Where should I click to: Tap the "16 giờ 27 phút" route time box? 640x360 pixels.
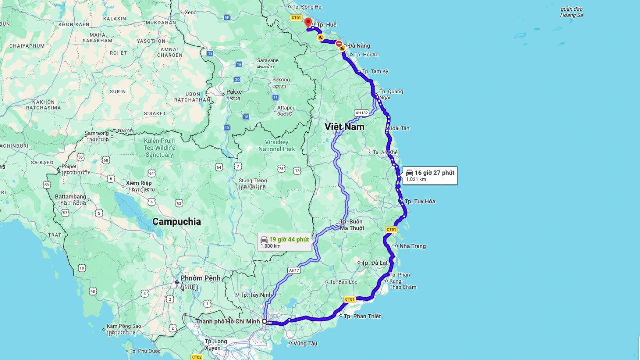click(x=430, y=175)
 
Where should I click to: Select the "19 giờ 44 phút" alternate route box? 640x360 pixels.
click(x=285, y=242)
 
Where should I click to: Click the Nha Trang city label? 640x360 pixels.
click(x=412, y=246)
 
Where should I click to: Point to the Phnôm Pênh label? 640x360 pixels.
click(x=200, y=278)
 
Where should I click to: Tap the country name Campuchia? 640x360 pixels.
click(x=176, y=221)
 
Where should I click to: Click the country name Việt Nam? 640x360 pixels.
click(x=344, y=127)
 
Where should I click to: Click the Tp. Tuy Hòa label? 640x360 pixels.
click(x=420, y=201)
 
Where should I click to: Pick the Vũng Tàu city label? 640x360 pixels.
click(x=305, y=343)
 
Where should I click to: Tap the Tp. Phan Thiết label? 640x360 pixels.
click(x=362, y=316)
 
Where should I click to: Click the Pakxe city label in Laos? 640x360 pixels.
click(x=234, y=92)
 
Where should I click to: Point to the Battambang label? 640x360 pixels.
click(x=70, y=197)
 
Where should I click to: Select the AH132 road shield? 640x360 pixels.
click(x=361, y=113)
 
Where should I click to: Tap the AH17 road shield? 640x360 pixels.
click(x=294, y=270)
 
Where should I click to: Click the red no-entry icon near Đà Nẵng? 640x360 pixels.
click(x=339, y=44)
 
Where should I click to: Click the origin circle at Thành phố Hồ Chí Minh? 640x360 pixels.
click(x=265, y=321)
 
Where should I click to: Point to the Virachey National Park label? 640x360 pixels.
click(x=277, y=145)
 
